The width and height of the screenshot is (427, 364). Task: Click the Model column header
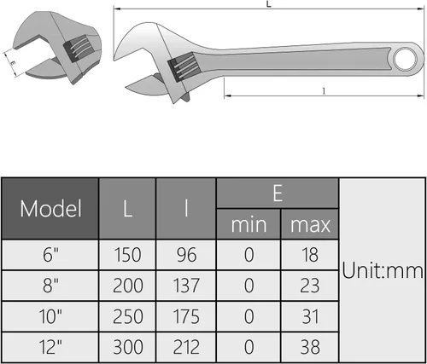coord(50,208)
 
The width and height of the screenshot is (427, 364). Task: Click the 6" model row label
coord(50,255)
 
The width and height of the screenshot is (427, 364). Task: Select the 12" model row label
coord(50,348)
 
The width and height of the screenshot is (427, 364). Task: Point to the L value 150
coord(127,255)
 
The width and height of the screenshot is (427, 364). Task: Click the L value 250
coord(127,317)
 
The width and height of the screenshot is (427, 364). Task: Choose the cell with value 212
coord(187,348)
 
